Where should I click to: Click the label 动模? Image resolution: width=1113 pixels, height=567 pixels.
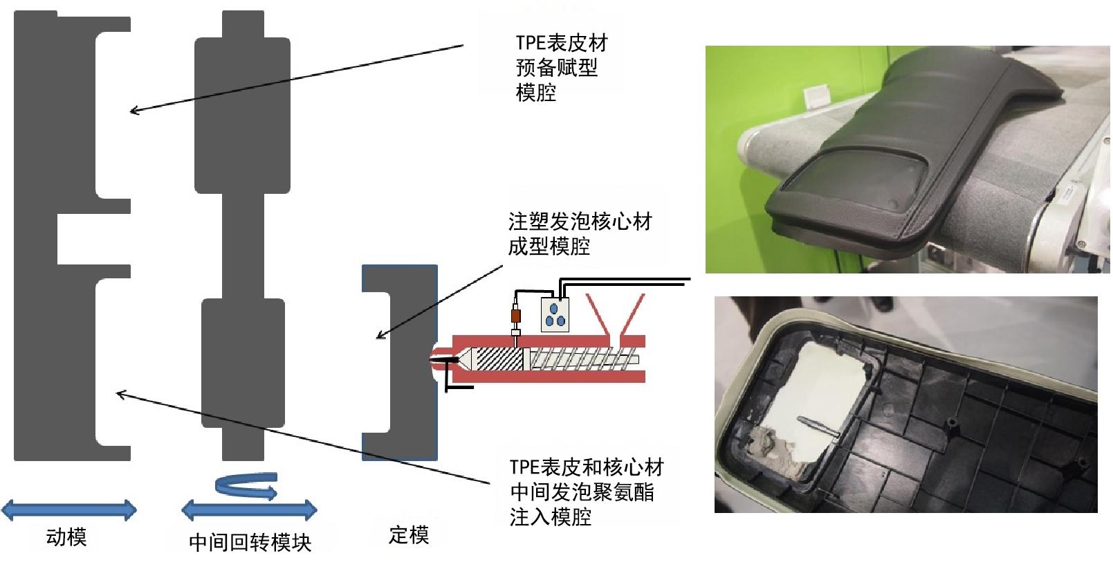66,537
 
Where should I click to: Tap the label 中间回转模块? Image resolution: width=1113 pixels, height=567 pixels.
250,542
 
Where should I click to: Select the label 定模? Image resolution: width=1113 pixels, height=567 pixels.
408,534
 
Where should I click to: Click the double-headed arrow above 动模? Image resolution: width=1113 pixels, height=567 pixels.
68,511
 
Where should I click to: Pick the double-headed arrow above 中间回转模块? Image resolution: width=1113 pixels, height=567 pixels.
249,511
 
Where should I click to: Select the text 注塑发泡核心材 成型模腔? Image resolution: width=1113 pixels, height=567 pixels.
580,234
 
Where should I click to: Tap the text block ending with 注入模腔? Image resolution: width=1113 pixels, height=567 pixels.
585,492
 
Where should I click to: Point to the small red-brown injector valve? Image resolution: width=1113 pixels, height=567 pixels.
515,318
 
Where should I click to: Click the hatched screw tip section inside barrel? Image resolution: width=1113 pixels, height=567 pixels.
495,359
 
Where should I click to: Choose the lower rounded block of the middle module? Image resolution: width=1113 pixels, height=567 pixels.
242,362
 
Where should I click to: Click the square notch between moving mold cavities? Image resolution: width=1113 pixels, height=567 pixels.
76,240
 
